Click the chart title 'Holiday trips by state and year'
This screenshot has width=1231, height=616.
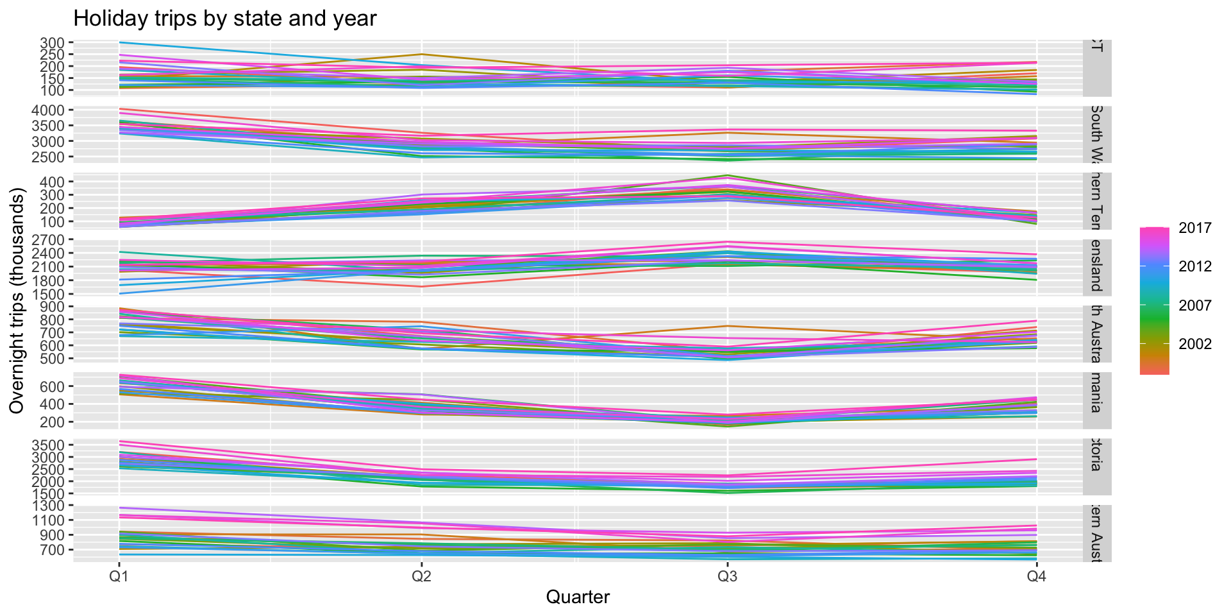[224, 18]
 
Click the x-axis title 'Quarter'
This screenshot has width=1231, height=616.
[578, 597]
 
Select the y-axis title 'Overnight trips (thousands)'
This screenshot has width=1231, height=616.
[17, 300]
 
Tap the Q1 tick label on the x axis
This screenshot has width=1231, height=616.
[119, 576]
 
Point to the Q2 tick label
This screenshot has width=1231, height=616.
[421, 576]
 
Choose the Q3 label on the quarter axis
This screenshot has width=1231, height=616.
[727, 576]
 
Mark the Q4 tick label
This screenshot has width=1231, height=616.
[1036, 576]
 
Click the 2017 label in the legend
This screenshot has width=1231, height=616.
[1195, 228]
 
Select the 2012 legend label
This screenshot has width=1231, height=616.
[1195, 266]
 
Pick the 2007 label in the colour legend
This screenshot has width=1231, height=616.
[1195, 305]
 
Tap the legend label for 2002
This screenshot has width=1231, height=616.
[1195, 344]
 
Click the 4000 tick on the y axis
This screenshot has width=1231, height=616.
[47, 110]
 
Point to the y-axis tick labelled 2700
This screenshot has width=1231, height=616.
[47, 240]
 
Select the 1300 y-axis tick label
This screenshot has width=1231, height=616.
[47, 506]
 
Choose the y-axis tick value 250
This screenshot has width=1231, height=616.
[52, 55]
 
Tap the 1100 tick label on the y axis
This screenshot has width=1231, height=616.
[47, 520]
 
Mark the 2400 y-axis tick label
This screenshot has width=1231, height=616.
[47, 253]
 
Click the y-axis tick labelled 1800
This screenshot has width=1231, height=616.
[47, 280]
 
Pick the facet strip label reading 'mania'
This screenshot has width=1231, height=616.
[1096, 400]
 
